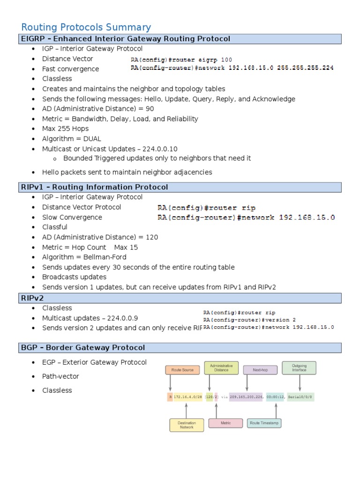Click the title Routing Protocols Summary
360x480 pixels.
[x=86, y=27]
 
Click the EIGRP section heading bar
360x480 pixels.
[x=126, y=39]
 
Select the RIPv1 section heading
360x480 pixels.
[x=94, y=187]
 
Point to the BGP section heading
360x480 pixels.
[x=83, y=347]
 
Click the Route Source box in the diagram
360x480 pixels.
[x=182, y=370]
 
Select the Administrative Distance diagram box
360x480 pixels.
[x=222, y=368]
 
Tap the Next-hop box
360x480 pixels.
[x=260, y=370]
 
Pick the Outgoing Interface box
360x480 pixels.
[x=299, y=368]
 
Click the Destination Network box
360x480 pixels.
[x=187, y=425]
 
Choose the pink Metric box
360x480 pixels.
[x=225, y=423]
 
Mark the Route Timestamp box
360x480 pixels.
[x=264, y=423]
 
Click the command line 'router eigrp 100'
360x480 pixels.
[x=181, y=60]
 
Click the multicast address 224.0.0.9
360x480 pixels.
[x=123, y=318]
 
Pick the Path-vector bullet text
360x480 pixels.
[x=60, y=376]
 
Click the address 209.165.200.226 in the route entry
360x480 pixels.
[x=246, y=397]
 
